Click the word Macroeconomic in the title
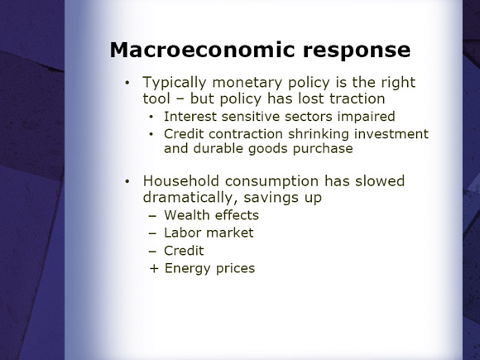(x=203, y=50)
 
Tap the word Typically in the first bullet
(x=175, y=84)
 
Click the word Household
(x=181, y=181)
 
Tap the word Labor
(x=182, y=233)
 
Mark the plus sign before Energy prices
(x=154, y=269)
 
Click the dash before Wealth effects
(x=152, y=216)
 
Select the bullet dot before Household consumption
(x=127, y=182)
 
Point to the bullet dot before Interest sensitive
(x=151, y=117)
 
